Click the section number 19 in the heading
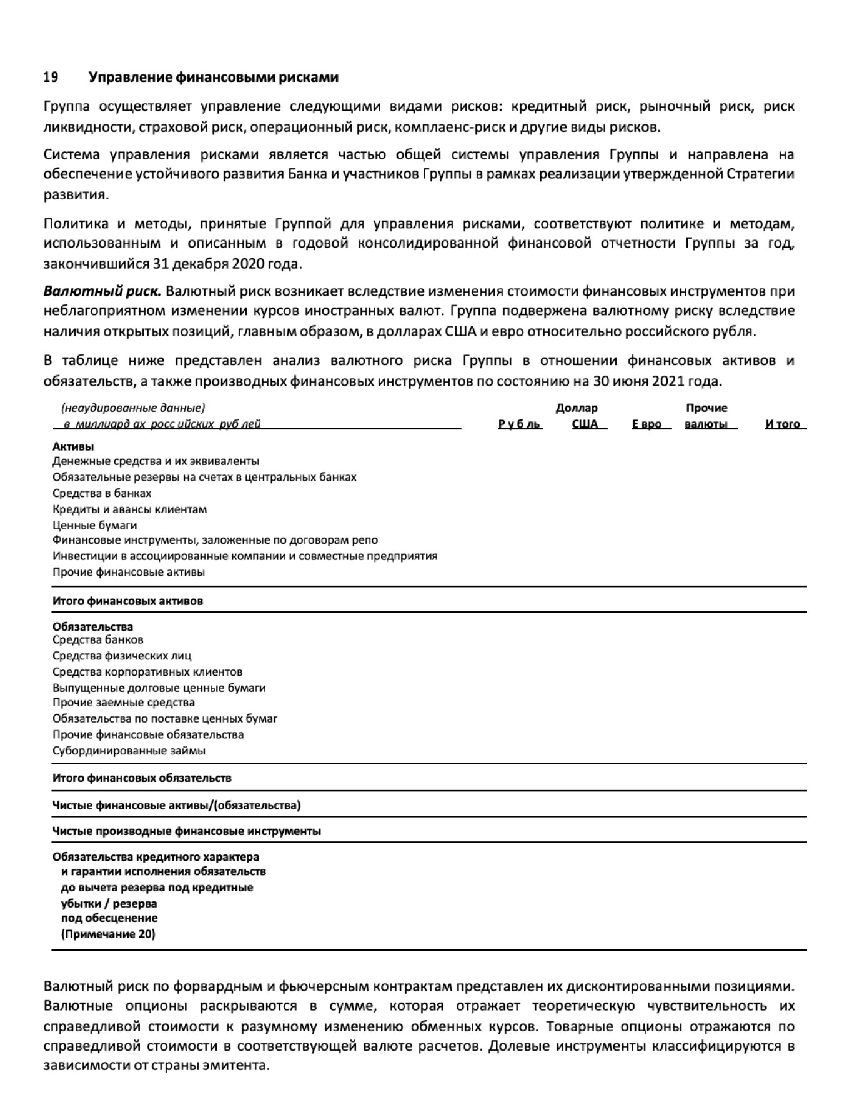(51, 78)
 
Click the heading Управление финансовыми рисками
(214, 78)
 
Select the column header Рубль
(520, 424)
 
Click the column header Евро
(647, 424)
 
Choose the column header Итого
(783, 424)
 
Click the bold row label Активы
(73, 447)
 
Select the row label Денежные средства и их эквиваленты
(156, 461)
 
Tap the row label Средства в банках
(102, 493)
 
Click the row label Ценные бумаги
(94, 526)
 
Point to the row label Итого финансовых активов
(127, 601)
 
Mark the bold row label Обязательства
(92, 627)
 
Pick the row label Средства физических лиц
(122, 656)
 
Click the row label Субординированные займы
(129, 751)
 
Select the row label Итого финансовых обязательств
(142, 778)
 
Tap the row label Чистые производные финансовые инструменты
(187, 831)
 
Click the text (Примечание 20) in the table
(108, 934)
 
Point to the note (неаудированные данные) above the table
(132, 408)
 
